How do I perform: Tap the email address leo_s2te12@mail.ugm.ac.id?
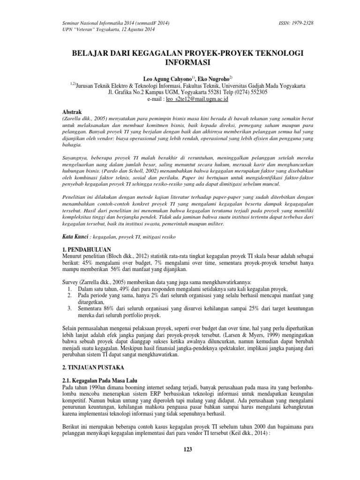coord(201,99)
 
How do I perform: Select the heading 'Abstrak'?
coord(72,113)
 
